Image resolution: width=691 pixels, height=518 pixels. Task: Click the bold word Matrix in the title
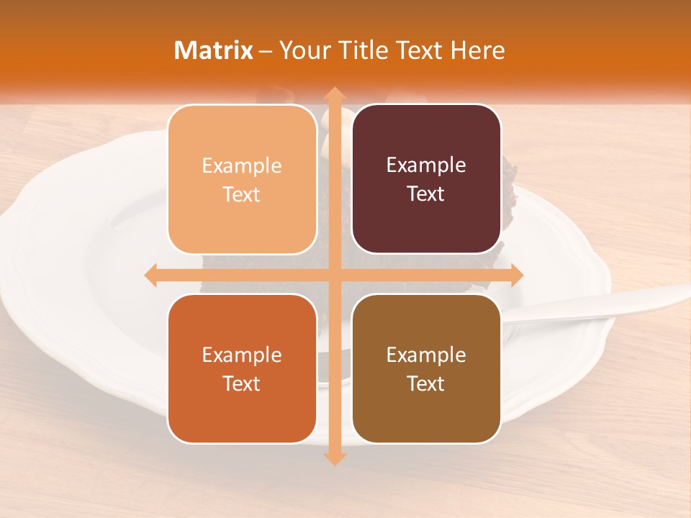[x=214, y=50]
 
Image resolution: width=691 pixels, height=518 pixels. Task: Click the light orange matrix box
[x=242, y=180]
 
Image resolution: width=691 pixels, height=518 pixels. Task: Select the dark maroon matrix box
[x=426, y=180]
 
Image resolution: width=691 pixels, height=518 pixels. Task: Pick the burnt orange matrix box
[x=242, y=369]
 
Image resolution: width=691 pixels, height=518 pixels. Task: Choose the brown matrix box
[x=426, y=369]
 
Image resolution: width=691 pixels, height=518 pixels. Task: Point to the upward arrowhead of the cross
[x=333, y=94]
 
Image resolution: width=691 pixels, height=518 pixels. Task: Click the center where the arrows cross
[x=333, y=275]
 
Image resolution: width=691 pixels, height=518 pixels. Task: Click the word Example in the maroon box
[x=426, y=165]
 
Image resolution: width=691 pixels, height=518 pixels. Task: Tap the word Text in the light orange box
[x=242, y=195]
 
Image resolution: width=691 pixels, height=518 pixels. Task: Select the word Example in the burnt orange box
[x=242, y=355]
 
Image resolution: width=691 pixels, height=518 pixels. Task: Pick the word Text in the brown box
[x=426, y=383]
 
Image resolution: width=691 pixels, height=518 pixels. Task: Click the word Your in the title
[x=302, y=50]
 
